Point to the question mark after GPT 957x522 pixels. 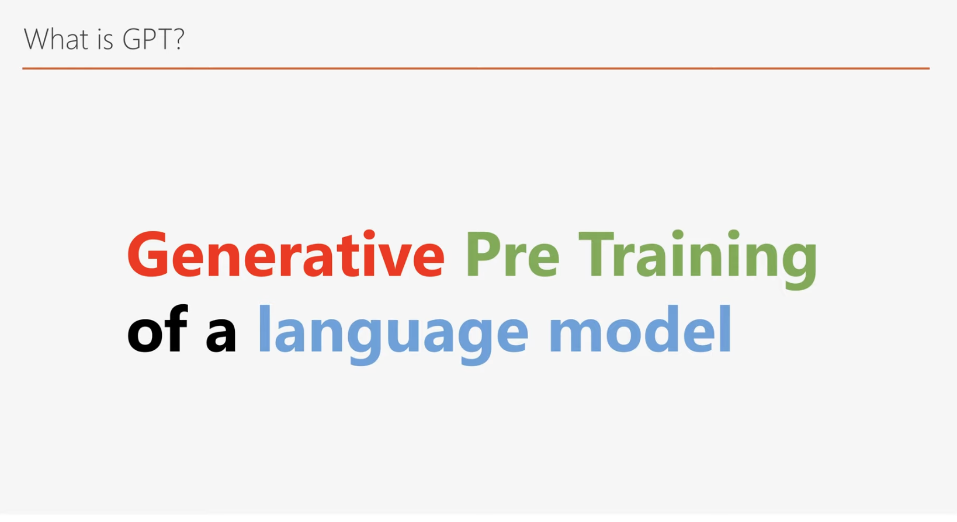click(x=178, y=39)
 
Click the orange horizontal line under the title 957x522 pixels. click(x=476, y=68)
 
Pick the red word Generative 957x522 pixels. click(x=286, y=255)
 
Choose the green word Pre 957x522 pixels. click(x=513, y=255)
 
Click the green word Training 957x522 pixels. click(x=697, y=259)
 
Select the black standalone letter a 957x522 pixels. click(x=221, y=335)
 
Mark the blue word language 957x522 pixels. click(x=393, y=335)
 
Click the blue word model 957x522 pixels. click(x=640, y=329)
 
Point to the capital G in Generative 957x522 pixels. click(x=148, y=255)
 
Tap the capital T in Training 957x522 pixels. click(x=596, y=255)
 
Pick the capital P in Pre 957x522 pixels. click(x=483, y=255)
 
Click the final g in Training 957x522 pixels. click(x=799, y=266)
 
